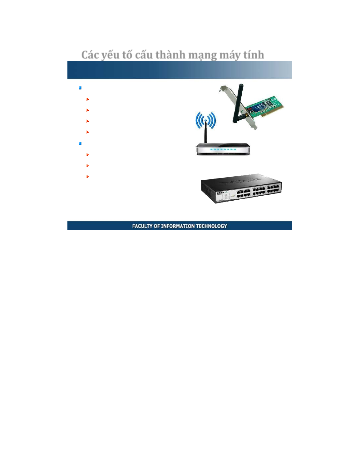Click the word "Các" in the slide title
click(x=90, y=55)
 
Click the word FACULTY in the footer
click(x=142, y=226)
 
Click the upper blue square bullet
click(x=80, y=88)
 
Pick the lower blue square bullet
click(x=80, y=144)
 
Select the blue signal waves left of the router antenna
click(x=199, y=121)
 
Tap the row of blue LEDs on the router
click(x=222, y=149)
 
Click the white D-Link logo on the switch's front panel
click(x=220, y=194)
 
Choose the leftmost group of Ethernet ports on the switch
click(x=244, y=193)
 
